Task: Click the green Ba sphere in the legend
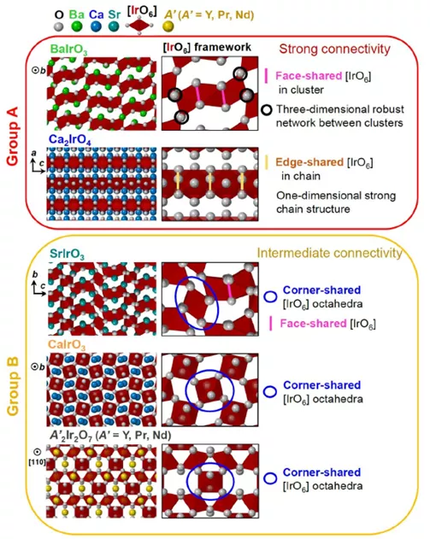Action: [77, 26]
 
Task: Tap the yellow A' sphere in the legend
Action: [168, 26]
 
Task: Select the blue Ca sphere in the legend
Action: [97, 26]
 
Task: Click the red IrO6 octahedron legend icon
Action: [139, 25]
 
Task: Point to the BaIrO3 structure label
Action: [68, 50]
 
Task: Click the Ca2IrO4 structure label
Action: [70, 140]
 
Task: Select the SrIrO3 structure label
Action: [67, 255]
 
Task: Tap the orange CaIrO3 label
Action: [67, 345]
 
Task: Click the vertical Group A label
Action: [13, 136]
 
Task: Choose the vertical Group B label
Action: [13, 387]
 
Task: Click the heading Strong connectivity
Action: [335, 49]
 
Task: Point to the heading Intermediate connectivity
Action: [330, 253]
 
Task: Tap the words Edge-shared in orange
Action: [309, 162]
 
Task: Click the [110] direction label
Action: [37, 462]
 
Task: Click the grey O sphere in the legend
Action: [59, 26]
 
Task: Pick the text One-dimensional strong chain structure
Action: [336, 202]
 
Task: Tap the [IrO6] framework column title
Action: [207, 47]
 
